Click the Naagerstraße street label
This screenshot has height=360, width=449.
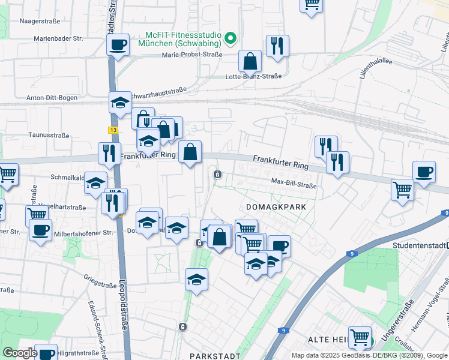pos(40,21)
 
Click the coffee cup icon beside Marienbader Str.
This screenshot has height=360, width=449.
pos(118,44)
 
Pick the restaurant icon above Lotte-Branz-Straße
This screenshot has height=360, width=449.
pos(277,46)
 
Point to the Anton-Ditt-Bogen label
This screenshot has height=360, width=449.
pos(52,98)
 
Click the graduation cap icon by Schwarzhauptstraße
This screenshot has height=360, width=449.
pos(120,103)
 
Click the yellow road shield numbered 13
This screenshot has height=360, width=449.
pos(113,130)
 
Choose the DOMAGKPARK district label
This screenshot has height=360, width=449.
pos(276,206)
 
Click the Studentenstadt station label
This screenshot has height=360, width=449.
pos(420,245)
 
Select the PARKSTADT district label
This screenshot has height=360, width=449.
pos(211,356)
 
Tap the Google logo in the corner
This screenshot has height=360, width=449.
pos(20,353)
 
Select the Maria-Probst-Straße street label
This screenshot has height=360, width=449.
pos(191,55)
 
